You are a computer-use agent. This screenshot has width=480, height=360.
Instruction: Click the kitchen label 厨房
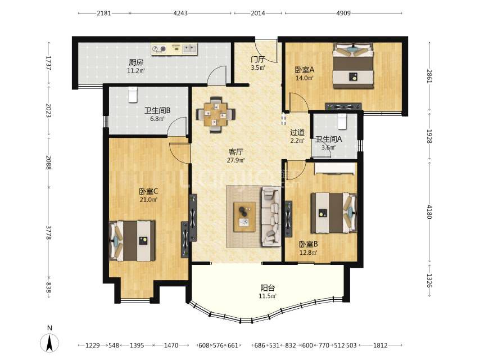(135, 62)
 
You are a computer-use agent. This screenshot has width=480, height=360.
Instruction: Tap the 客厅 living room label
(236, 152)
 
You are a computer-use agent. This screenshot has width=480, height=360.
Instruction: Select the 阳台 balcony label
(268, 287)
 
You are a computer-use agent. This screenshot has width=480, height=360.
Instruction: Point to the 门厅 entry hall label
(257, 59)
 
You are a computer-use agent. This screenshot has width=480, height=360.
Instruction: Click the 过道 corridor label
(297, 132)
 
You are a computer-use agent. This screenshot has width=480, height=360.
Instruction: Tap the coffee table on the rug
(244, 217)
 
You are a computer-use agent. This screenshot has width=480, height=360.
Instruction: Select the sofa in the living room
(271, 217)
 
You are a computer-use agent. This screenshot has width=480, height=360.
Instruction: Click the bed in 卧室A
(354, 66)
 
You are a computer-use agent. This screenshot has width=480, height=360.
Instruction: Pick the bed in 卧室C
(132, 241)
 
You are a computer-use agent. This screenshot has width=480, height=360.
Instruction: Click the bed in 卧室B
(334, 213)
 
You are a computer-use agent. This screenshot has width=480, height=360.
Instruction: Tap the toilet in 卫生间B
(133, 94)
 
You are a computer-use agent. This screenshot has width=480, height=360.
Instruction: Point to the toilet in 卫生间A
(342, 121)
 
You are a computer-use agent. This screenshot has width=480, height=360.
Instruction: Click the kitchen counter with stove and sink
(174, 49)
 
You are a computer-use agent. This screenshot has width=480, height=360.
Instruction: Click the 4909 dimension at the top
(343, 13)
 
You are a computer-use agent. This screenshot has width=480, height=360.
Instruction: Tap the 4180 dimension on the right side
(429, 211)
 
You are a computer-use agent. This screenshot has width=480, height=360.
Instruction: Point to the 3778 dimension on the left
(48, 233)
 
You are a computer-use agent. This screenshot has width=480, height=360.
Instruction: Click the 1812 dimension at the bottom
(380, 345)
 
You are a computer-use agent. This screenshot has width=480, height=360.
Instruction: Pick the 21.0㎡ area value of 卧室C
(148, 200)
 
